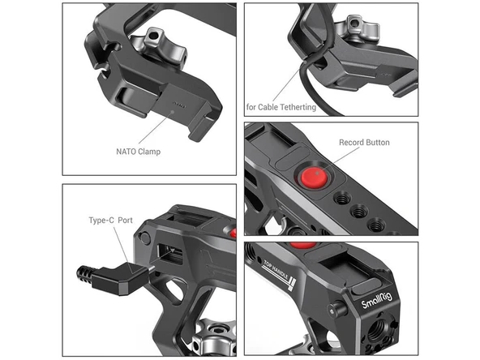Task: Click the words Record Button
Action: pyautogui.click(x=364, y=143)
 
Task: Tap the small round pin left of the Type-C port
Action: pyautogui.click(x=144, y=238)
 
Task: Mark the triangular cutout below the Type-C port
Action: pyautogui.click(x=172, y=294)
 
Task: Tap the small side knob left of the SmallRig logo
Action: pyautogui.click(x=334, y=308)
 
